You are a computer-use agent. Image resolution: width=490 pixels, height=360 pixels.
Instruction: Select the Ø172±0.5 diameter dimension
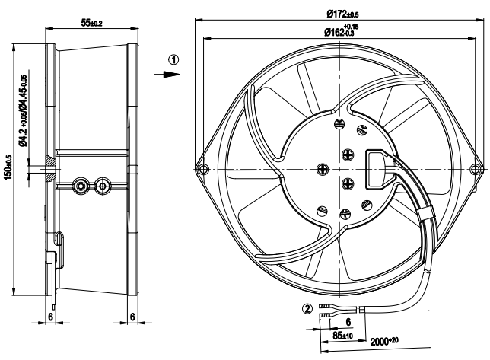click(x=339, y=14)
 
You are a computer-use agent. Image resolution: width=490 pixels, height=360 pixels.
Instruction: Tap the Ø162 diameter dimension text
click(x=339, y=31)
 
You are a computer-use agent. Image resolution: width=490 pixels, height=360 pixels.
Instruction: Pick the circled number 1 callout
click(x=175, y=59)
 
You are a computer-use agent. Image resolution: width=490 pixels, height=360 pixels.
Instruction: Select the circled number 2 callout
click(x=307, y=309)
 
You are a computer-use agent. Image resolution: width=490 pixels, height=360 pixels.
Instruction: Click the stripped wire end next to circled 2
click(x=326, y=308)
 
